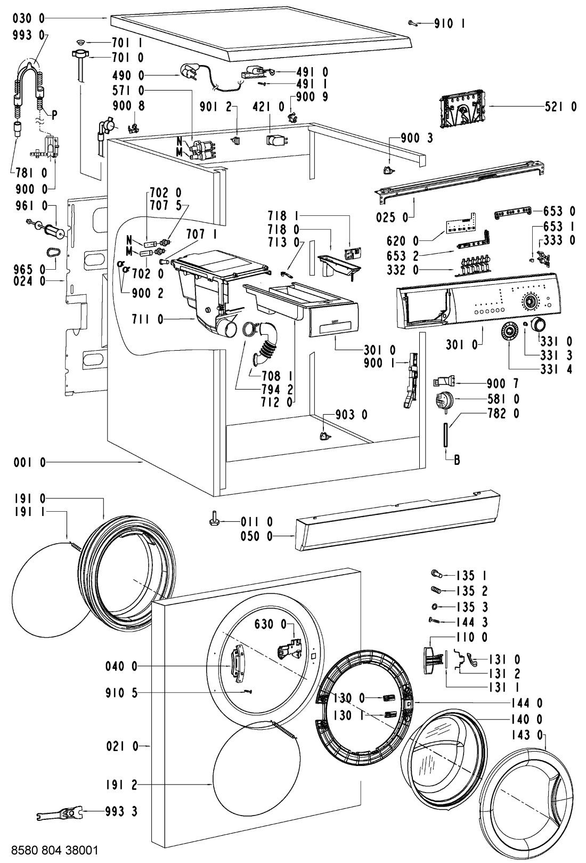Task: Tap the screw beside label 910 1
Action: [x=413, y=22]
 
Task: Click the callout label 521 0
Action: [x=560, y=107]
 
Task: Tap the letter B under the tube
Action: [x=457, y=459]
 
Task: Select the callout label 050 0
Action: [x=255, y=536]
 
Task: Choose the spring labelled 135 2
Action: [x=435, y=591]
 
